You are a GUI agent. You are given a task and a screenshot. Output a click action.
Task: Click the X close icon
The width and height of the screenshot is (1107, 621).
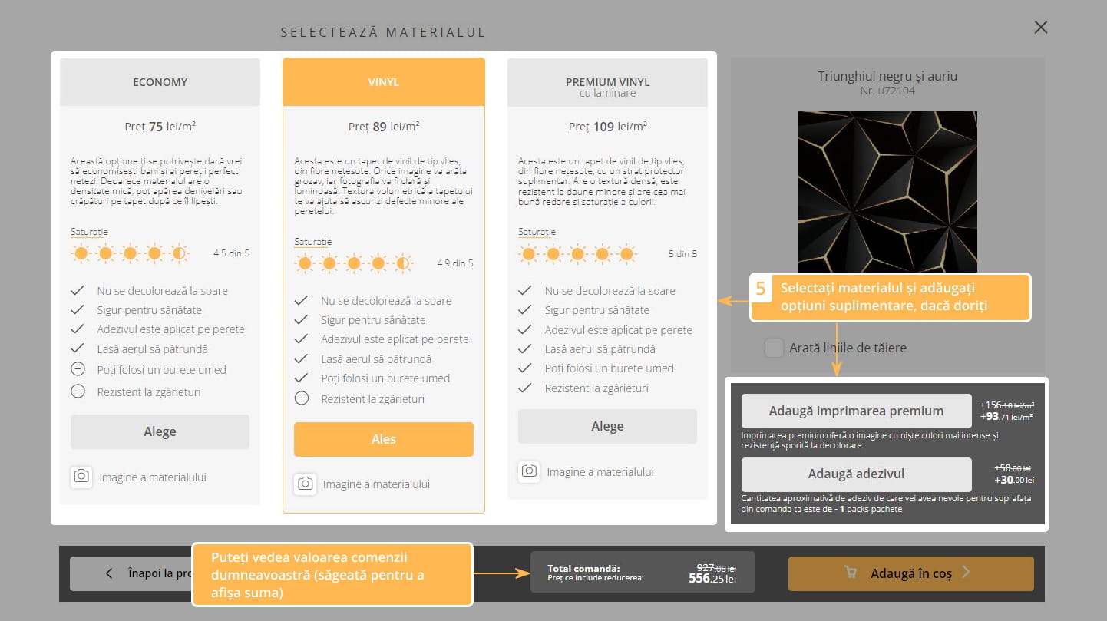point(1041,27)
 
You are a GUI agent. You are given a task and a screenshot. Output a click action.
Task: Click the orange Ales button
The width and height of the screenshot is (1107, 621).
point(384,439)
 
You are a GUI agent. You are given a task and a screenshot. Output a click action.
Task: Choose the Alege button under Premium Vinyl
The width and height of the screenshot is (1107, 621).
point(607,426)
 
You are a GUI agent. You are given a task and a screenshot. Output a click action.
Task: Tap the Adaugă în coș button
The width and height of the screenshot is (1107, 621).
point(910,573)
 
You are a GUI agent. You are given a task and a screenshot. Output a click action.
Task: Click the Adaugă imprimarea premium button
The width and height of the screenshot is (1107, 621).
point(856,411)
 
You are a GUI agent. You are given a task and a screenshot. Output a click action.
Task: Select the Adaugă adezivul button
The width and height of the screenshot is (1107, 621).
point(856,474)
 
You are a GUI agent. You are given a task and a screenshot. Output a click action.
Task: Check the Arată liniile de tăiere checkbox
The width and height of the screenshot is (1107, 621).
point(774,348)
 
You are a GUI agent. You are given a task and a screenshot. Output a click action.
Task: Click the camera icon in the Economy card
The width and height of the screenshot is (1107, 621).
point(81,477)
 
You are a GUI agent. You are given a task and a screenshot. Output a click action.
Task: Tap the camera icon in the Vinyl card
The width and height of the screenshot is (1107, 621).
point(305,484)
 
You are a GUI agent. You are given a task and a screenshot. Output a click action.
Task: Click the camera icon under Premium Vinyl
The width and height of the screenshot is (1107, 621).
point(529,471)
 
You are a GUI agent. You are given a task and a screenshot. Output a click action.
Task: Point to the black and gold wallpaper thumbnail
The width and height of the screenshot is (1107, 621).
point(887,192)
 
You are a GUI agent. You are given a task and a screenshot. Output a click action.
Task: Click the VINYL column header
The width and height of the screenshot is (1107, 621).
point(384,82)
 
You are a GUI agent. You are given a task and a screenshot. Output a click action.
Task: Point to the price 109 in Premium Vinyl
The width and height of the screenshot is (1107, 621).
point(603,127)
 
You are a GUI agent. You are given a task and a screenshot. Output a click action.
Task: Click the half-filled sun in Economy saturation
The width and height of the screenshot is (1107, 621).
point(179,253)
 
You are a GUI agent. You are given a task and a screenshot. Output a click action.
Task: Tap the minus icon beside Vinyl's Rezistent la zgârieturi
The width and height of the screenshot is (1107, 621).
point(302,398)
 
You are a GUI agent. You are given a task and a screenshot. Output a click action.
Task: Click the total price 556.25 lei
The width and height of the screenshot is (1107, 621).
point(712,579)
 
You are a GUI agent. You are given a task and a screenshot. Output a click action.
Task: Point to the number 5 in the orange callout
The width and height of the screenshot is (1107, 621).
point(761,289)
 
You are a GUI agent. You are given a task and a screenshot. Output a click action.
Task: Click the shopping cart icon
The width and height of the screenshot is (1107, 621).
point(851,572)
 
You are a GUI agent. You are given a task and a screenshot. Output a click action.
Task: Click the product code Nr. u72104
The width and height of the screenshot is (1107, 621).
point(887,91)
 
